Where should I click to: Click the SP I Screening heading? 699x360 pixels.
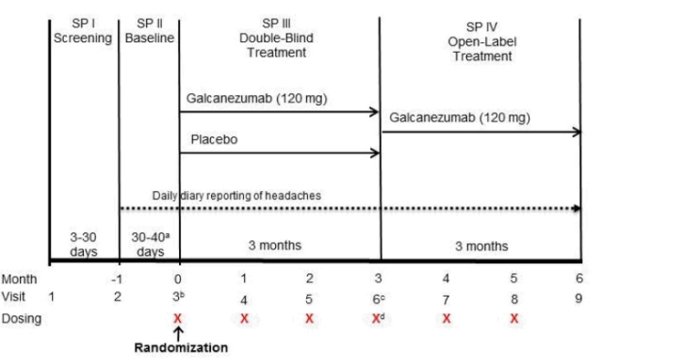click(x=83, y=30)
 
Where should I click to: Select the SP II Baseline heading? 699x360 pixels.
click(x=148, y=30)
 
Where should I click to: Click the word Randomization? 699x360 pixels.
click(x=180, y=347)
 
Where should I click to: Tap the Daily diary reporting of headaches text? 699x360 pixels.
click(x=237, y=195)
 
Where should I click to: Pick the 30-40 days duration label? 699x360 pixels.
click(x=150, y=243)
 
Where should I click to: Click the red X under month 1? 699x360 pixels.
click(x=244, y=318)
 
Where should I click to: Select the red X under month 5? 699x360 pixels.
click(x=514, y=318)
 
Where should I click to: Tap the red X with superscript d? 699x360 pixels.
click(x=377, y=317)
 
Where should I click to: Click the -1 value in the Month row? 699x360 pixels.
click(x=116, y=279)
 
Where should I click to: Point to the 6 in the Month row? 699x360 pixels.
click(x=579, y=279)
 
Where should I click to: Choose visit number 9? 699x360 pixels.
click(x=579, y=297)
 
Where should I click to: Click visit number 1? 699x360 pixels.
click(x=52, y=297)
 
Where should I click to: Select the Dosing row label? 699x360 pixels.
click(x=22, y=318)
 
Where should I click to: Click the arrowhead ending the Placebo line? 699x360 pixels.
click(x=375, y=153)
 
